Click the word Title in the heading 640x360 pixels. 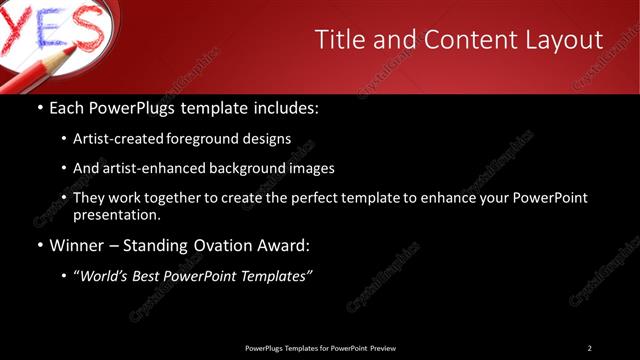point(340,40)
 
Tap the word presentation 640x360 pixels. point(116,214)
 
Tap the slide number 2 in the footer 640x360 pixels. point(590,348)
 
